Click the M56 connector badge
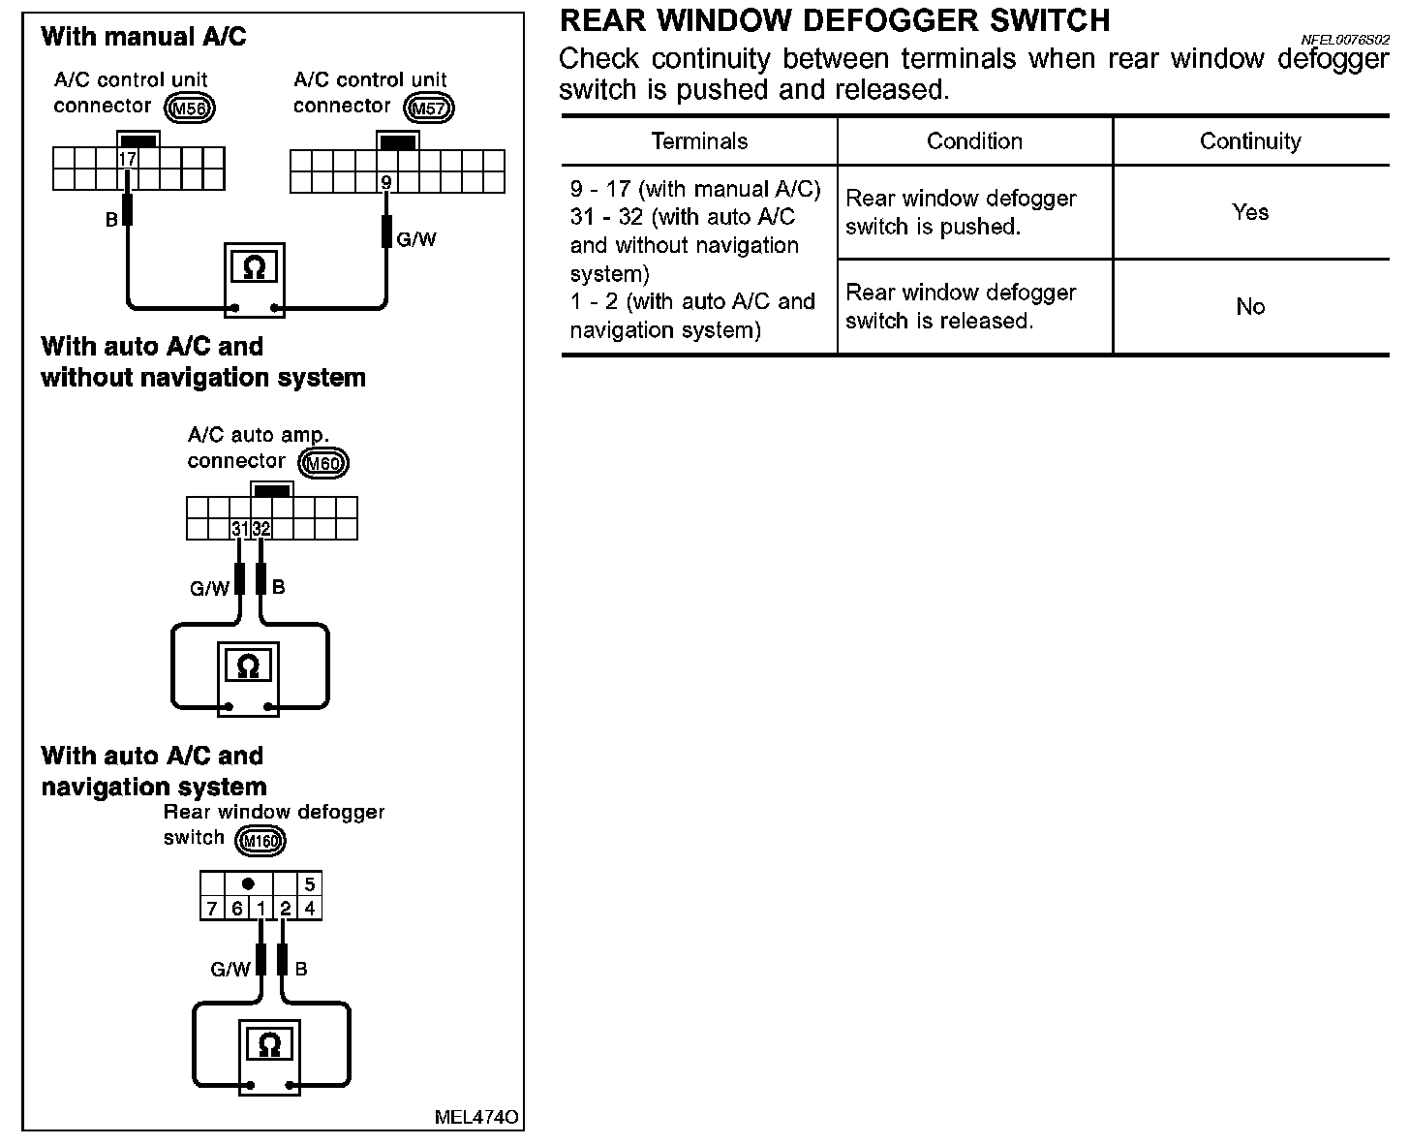pyautogui.click(x=190, y=108)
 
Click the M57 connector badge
pyautogui.click(x=429, y=108)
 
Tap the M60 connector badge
pyautogui.click(x=323, y=463)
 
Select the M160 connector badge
pyautogui.click(x=261, y=840)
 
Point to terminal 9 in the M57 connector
pyautogui.click(x=386, y=181)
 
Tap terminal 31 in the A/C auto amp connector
pyautogui.click(x=240, y=529)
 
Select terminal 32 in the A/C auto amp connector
pyautogui.click(x=261, y=529)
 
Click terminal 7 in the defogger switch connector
pyautogui.click(x=212, y=909)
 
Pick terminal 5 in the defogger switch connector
pyautogui.click(x=309, y=883)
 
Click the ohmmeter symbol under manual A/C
pyautogui.click(x=253, y=267)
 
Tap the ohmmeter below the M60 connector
pyautogui.click(x=248, y=666)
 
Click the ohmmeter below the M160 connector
pyautogui.click(x=269, y=1045)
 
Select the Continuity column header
pyautogui.click(x=1250, y=141)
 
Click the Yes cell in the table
pyautogui.click(x=1250, y=212)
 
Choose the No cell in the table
pyautogui.click(x=1250, y=307)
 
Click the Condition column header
pyautogui.click(x=974, y=141)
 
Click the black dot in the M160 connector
pyautogui.click(x=249, y=883)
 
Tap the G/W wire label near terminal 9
pyautogui.click(x=416, y=238)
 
